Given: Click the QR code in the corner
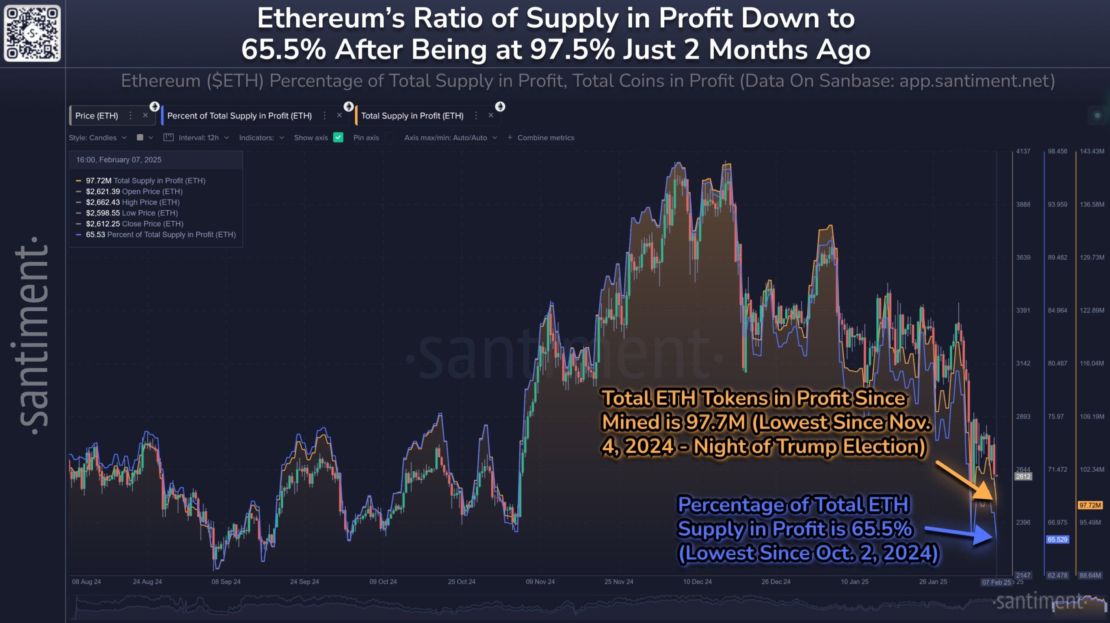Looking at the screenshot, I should click(33, 33).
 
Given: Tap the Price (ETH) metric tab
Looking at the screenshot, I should click(97, 116).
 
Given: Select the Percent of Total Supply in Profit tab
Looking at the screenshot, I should click(239, 116).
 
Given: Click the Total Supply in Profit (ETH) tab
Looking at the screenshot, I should click(412, 116).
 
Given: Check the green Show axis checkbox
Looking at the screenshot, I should click(338, 137).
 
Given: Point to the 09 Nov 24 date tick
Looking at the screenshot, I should click(540, 582).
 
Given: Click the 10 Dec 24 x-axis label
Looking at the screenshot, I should click(697, 582).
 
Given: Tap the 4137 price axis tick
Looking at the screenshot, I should click(1023, 151).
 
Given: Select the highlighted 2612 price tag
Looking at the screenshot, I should click(1023, 476).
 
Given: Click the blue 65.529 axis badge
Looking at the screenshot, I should click(1057, 540).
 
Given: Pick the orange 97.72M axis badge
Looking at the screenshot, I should click(1090, 506).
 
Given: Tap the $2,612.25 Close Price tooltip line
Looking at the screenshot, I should click(134, 224).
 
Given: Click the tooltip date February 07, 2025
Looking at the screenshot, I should click(130, 160).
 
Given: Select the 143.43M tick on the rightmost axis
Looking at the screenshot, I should click(1091, 151).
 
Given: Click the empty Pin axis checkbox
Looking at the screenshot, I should click(389, 137).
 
